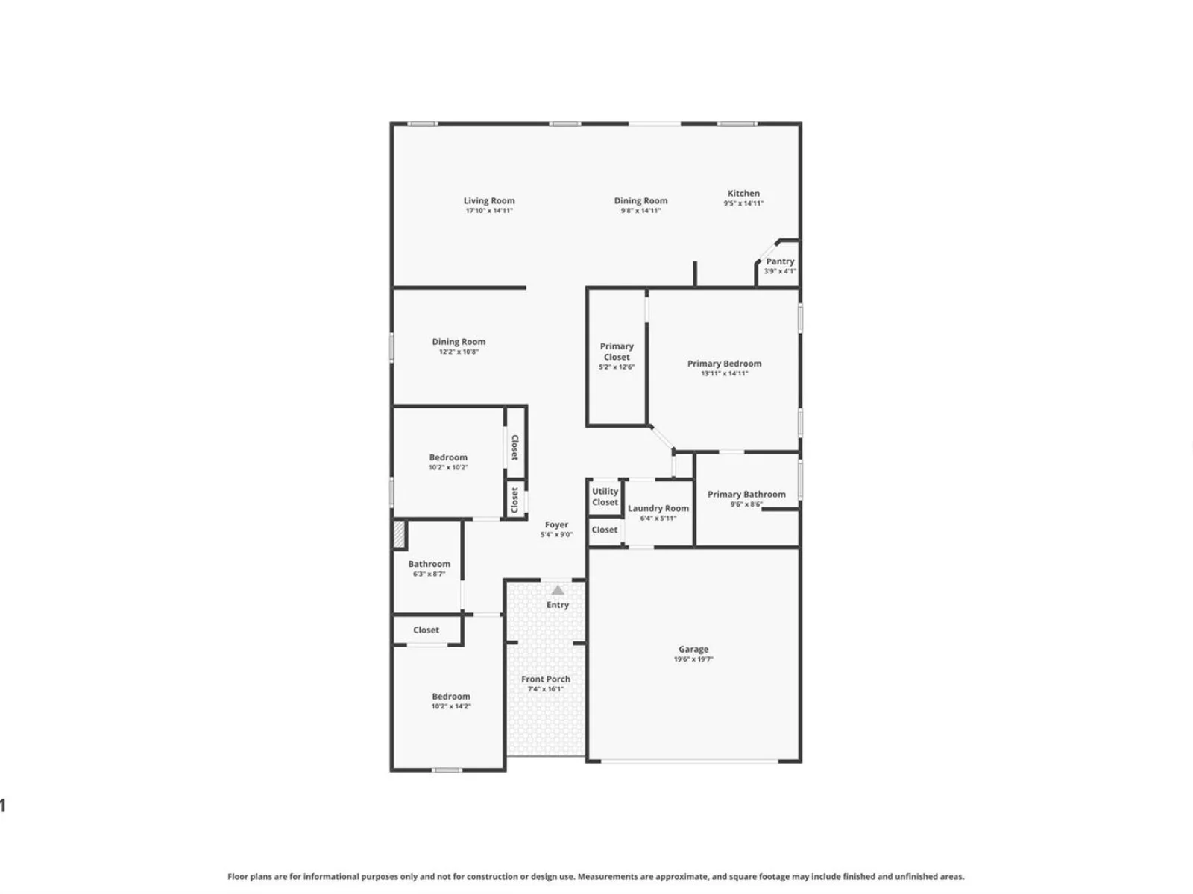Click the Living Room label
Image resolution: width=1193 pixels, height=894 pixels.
[488, 201]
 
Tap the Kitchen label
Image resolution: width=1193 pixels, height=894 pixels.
[743, 193]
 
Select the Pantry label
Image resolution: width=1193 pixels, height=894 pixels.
[779, 261]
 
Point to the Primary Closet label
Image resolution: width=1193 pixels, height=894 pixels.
[617, 351]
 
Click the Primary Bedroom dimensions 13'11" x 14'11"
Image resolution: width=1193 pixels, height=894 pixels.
[724, 373]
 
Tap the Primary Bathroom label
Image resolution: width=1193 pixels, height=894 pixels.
[746, 494]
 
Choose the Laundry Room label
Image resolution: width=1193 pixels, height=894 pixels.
[658, 508]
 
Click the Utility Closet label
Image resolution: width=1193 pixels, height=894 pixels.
[605, 497]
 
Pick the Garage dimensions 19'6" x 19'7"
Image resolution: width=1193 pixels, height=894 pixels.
[693, 659]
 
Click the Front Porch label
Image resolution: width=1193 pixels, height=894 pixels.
[545, 679]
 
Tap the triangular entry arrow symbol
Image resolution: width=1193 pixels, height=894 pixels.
[557, 590]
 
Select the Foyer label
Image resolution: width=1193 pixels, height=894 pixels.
[556, 524]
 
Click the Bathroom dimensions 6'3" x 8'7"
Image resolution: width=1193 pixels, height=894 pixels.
[429, 574]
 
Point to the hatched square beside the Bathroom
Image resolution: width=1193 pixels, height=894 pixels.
[399, 533]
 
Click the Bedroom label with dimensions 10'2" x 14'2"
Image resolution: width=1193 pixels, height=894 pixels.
[450, 697]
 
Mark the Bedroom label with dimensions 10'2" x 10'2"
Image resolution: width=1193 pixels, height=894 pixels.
[448, 457]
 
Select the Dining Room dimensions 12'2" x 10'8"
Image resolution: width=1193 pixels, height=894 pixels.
[459, 352]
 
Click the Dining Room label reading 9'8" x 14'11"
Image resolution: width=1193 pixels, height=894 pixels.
[640, 201]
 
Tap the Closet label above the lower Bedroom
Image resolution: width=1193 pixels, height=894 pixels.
[426, 630]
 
